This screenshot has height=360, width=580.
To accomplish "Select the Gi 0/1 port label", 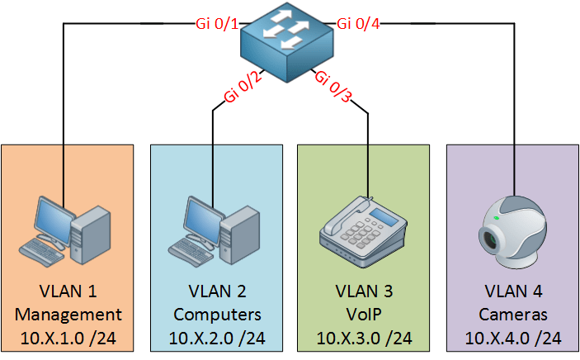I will tap(215, 24).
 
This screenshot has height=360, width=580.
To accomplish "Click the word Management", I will tap(68, 315).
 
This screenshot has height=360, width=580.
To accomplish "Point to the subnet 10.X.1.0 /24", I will tap(68, 339).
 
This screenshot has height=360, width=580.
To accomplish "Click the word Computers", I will tap(217, 315).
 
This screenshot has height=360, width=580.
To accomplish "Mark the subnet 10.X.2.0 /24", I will tap(217, 339).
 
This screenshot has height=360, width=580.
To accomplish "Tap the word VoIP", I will tap(364, 315).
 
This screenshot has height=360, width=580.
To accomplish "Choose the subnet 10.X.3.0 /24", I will tap(364, 339).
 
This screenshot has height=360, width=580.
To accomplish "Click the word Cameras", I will tap(512, 315).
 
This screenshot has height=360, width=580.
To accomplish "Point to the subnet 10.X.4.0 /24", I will tap(512, 339).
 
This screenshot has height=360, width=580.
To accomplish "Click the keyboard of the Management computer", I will tap(43, 249).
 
